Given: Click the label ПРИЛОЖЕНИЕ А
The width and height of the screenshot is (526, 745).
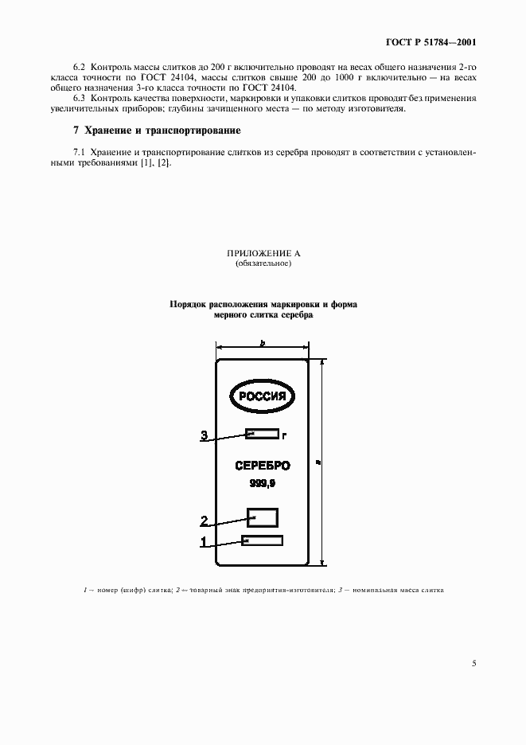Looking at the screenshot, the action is (263, 253).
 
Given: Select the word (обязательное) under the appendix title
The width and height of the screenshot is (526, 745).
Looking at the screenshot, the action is (263, 263).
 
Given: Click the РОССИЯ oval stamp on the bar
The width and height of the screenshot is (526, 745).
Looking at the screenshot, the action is (263, 396).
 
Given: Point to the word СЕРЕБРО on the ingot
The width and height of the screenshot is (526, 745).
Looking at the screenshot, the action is (263, 466).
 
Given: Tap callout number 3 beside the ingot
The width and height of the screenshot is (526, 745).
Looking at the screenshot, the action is (205, 435).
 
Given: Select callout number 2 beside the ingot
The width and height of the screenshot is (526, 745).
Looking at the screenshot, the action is (204, 521).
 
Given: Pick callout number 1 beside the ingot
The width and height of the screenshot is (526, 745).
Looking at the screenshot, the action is (204, 543).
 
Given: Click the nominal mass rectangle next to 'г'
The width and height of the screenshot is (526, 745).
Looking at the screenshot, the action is (263, 434).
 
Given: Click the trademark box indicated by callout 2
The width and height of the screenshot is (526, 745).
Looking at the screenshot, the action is (263, 518).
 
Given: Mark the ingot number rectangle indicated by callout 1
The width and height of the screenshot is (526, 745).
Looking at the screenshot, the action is (263, 541).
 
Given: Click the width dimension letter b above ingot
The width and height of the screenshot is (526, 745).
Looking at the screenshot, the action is (262, 342).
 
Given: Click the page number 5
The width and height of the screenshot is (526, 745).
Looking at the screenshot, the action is (473, 663).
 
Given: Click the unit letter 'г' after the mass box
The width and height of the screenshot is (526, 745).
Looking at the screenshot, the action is (284, 435).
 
